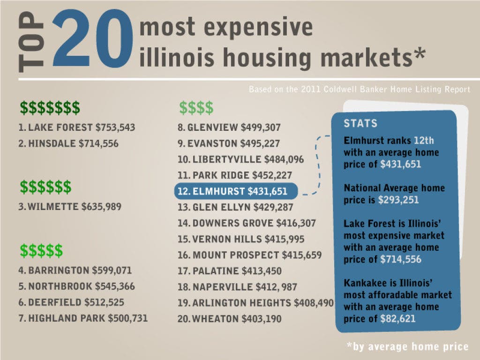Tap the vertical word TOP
pyautogui.click(x=31, y=42)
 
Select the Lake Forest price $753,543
pyautogui.click(x=115, y=127)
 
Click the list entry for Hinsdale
pyautogui.click(x=68, y=143)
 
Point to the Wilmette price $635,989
pyautogui.click(x=101, y=207)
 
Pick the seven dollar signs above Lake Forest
pyautogui.click(x=50, y=108)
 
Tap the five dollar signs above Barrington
pyautogui.click(x=41, y=250)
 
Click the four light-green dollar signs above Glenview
pyautogui.click(x=196, y=108)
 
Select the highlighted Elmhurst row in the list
pyautogui.click(x=236, y=191)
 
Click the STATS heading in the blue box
pyautogui.click(x=360, y=123)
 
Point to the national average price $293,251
pyautogui.click(x=398, y=200)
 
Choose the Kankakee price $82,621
pyautogui.click(x=398, y=319)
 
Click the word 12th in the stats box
pyautogui.click(x=424, y=141)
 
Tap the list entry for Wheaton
pyautogui.click(x=229, y=319)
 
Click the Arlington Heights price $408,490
pyautogui.click(x=314, y=303)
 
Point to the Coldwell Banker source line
pyautogui.click(x=360, y=90)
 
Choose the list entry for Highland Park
pyautogui.click(x=83, y=318)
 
